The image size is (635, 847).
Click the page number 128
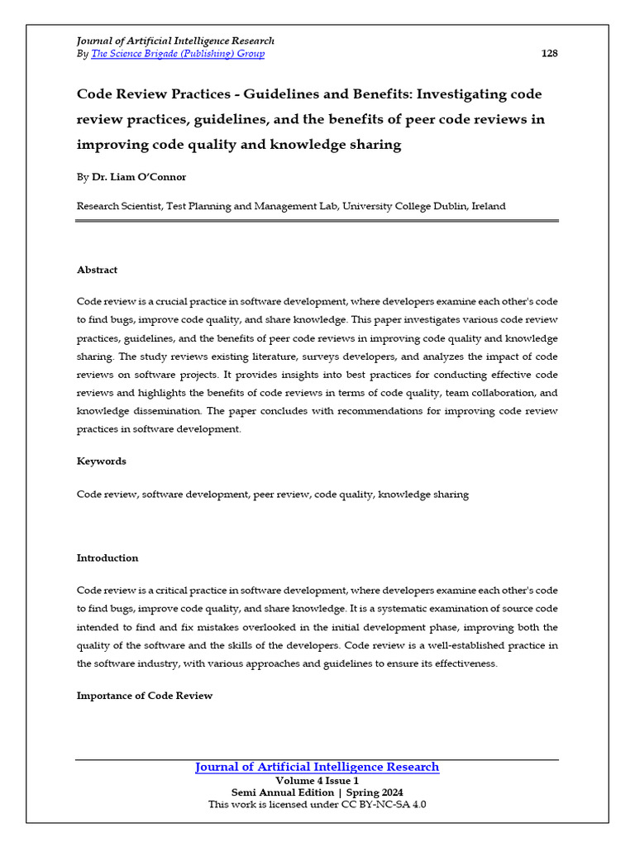[x=549, y=54]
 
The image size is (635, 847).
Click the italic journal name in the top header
[x=175, y=41]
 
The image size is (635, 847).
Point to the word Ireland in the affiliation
[x=489, y=206]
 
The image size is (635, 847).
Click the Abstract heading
[x=97, y=270]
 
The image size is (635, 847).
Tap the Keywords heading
[x=101, y=461]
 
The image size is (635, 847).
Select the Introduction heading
[x=107, y=557]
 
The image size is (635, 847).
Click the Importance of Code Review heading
[x=145, y=696]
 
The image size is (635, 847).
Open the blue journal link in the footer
[x=317, y=767]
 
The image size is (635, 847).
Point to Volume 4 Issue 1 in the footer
[x=317, y=780]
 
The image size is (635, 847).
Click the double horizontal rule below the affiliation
[x=317, y=221]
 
